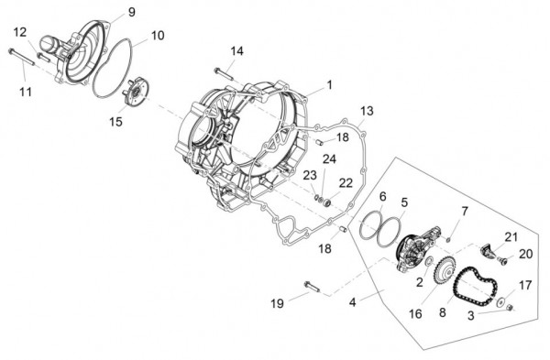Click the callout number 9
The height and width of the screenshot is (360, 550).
[x=131, y=12]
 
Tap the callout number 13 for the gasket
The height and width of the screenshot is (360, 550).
[x=367, y=111]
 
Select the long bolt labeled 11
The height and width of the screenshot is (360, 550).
[x=21, y=57]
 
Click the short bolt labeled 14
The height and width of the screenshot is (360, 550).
[x=223, y=73]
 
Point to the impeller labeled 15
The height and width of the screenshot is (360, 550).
[x=136, y=93]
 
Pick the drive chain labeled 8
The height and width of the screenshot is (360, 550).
[x=475, y=287]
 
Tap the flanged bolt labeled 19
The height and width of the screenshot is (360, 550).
[x=313, y=287]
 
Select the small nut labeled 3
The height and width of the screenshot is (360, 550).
[x=511, y=308]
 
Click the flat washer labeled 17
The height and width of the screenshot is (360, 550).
[x=500, y=301]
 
